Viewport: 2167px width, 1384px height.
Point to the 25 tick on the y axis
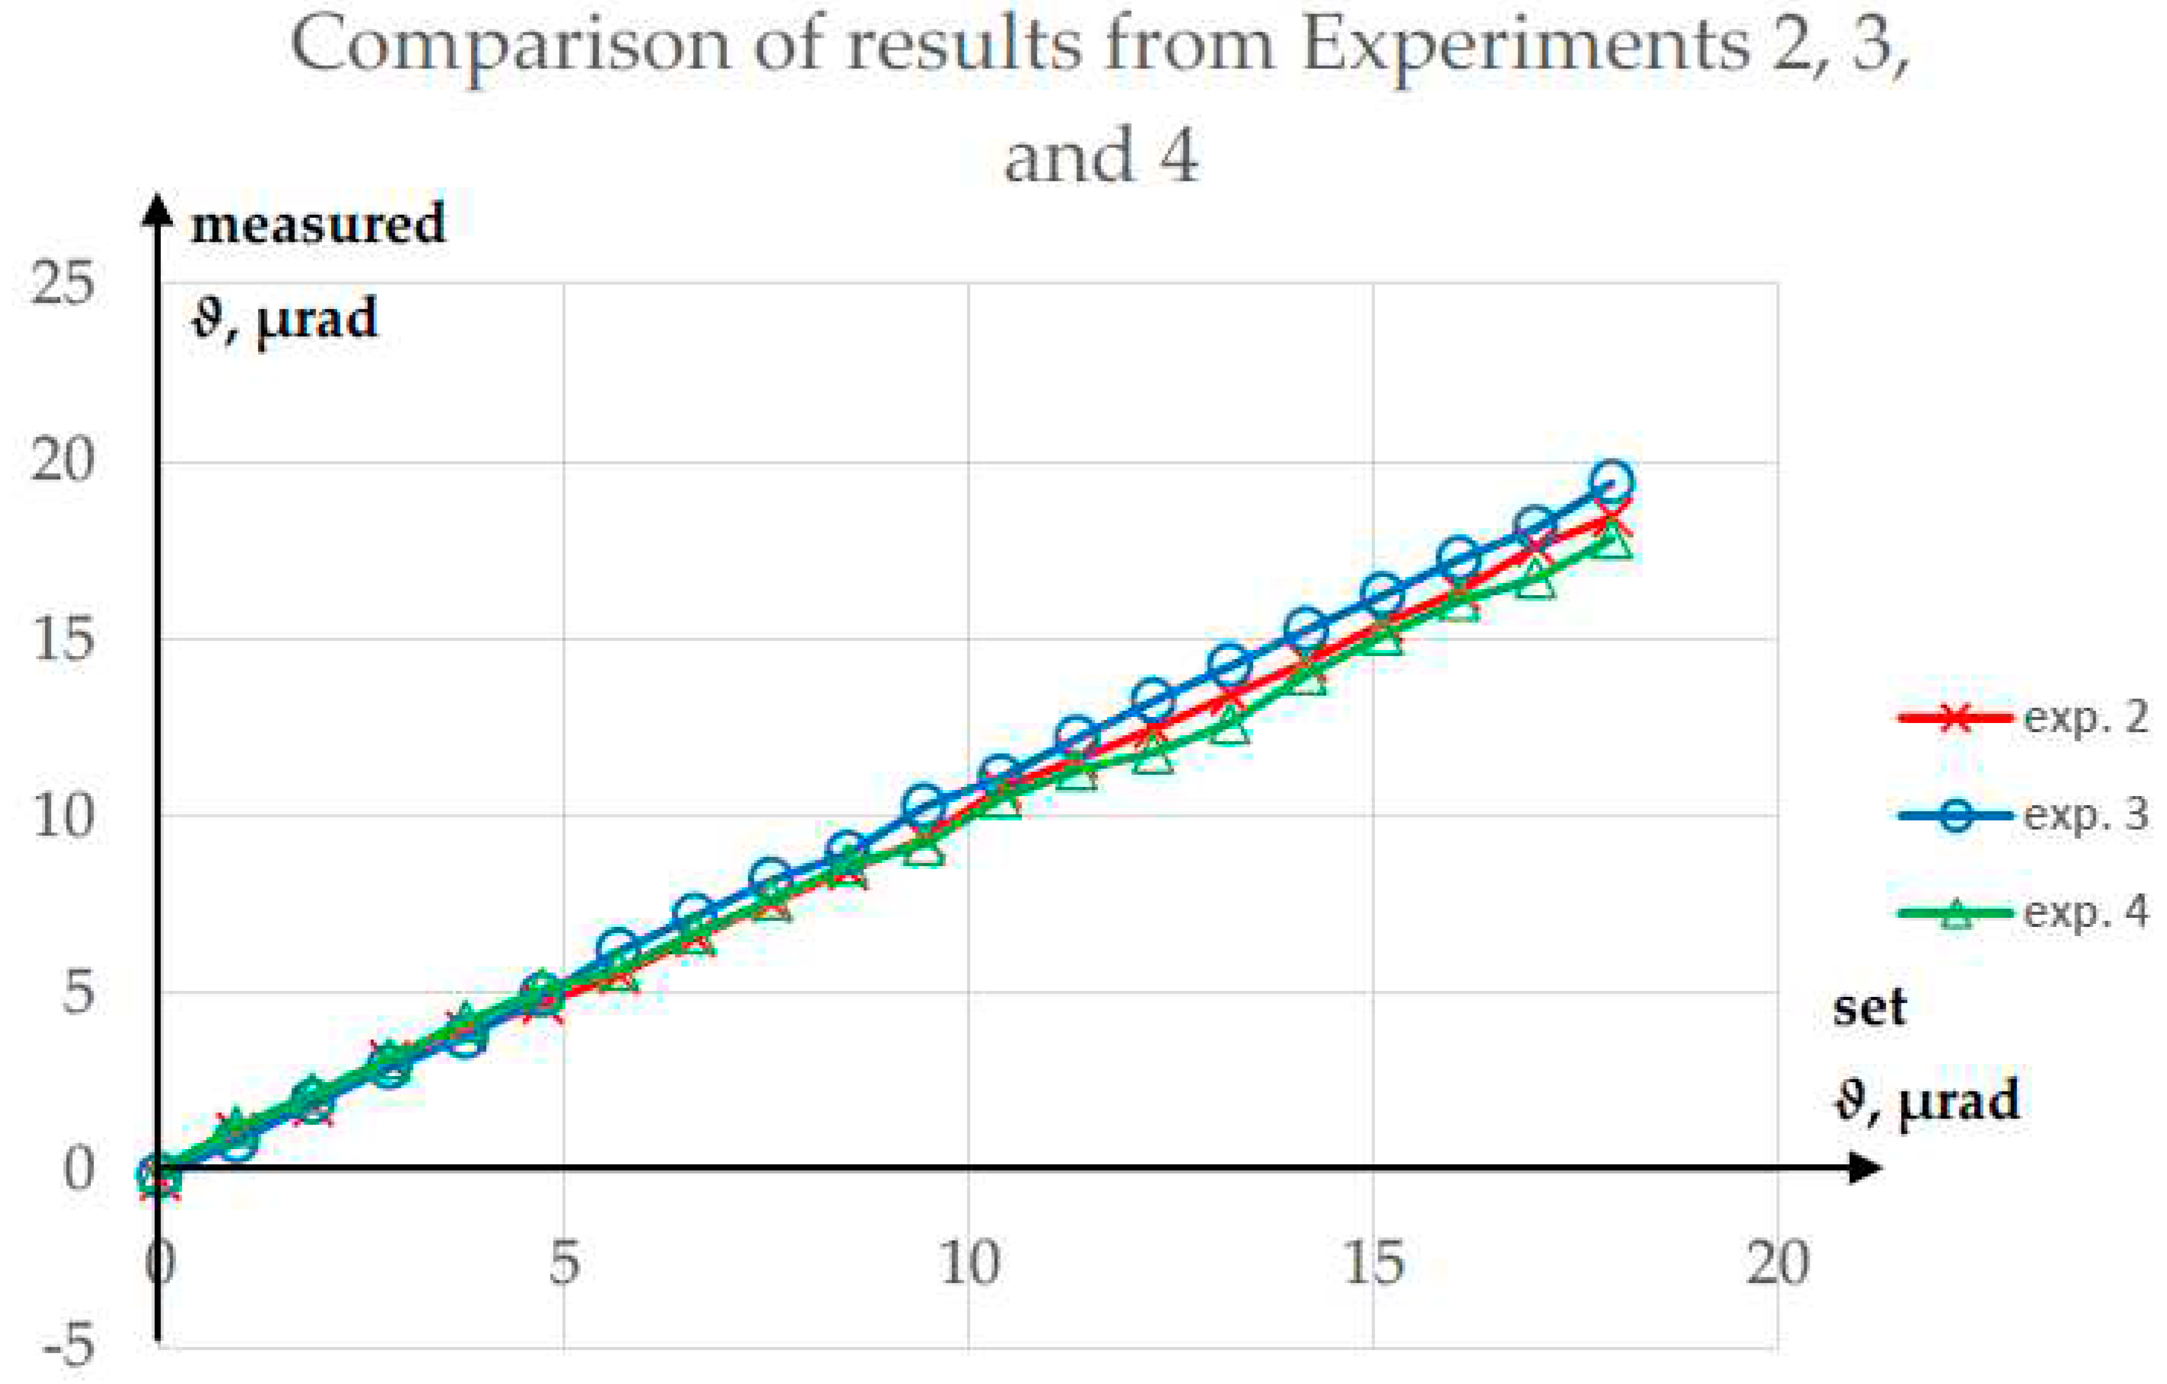point(62,284)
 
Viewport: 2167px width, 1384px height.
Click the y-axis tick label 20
point(62,461)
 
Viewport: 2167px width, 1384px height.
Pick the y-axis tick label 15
point(62,639)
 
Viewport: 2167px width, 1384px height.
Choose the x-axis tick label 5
point(564,1264)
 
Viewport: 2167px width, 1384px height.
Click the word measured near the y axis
point(318,224)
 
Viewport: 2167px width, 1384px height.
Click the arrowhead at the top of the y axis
point(158,209)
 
